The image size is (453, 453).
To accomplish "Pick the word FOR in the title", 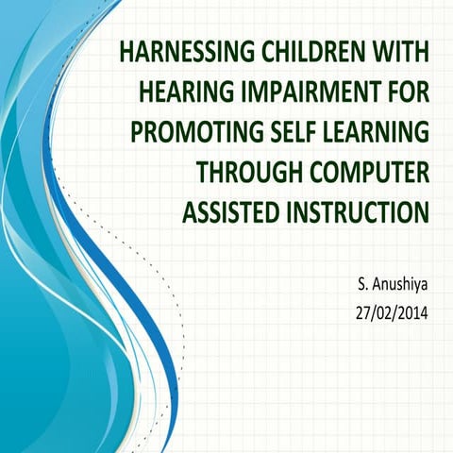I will [x=406, y=92].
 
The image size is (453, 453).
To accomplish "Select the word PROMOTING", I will [x=183, y=131].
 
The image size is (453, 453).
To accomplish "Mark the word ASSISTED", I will [x=227, y=210].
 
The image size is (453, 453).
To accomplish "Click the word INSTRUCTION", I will [x=356, y=210].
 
